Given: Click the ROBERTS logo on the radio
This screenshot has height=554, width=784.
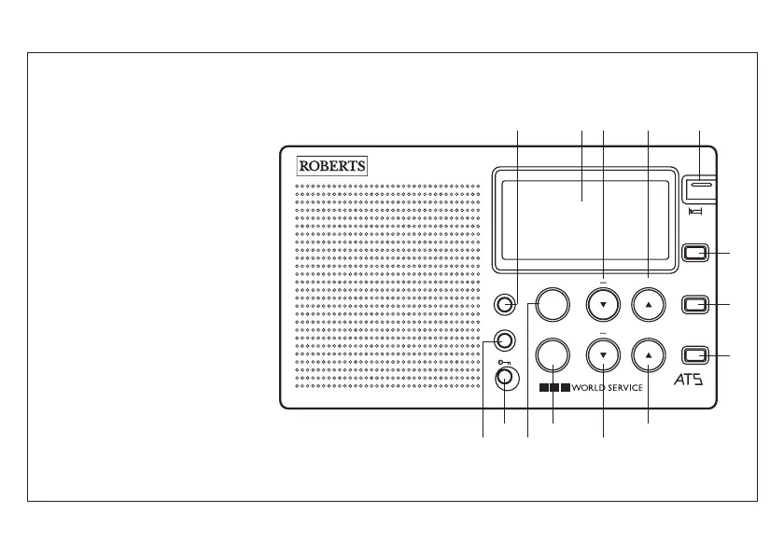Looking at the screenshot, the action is click(333, 166).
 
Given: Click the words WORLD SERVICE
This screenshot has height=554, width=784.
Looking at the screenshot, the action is click(608, 387).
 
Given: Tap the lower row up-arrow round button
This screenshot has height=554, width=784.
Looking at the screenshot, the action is click(649, 355).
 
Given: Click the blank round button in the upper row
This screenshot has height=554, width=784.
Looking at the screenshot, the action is click(552, 303).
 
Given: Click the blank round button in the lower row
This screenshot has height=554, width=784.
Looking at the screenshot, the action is click(552, 355).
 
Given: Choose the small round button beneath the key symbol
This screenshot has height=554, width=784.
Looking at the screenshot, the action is click(505, 378).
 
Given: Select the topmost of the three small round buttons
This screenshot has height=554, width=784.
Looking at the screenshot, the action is click(505, 304).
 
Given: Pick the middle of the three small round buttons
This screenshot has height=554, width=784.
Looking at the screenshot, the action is click(505, 339).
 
